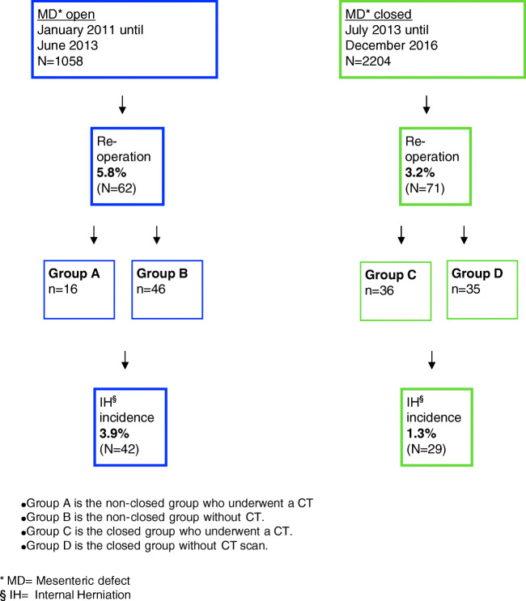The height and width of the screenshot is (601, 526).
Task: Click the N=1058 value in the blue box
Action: click(x=61, y=60)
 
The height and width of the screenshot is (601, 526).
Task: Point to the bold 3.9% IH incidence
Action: click(x=113, y=429)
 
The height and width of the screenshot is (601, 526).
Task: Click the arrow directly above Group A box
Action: click(x=95, y=235)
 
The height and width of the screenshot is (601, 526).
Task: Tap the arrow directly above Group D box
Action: click(x=464, y=235)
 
